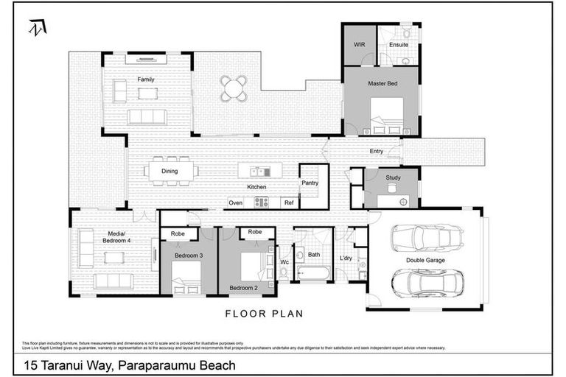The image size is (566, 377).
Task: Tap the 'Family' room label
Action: [146, 79]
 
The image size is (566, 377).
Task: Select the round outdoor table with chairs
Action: [234, 88]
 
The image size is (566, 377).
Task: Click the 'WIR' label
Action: [359, 45]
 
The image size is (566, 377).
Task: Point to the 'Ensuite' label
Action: [398, 45]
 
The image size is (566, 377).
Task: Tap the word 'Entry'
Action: [376, 152]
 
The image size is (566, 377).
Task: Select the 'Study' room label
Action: [393, 177]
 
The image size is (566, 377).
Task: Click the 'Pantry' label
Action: [310, 183]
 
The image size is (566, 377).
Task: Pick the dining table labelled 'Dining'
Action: [171, 172]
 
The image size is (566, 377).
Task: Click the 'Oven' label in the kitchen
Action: [236, 202]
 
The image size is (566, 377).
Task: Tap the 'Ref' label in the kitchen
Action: [289, 202]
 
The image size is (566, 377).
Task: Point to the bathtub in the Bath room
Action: [313, 274]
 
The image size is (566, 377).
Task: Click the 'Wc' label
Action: [284, 261]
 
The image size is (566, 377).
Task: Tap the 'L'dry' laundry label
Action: [346, 258]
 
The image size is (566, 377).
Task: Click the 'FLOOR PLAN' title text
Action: [264, 314]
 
